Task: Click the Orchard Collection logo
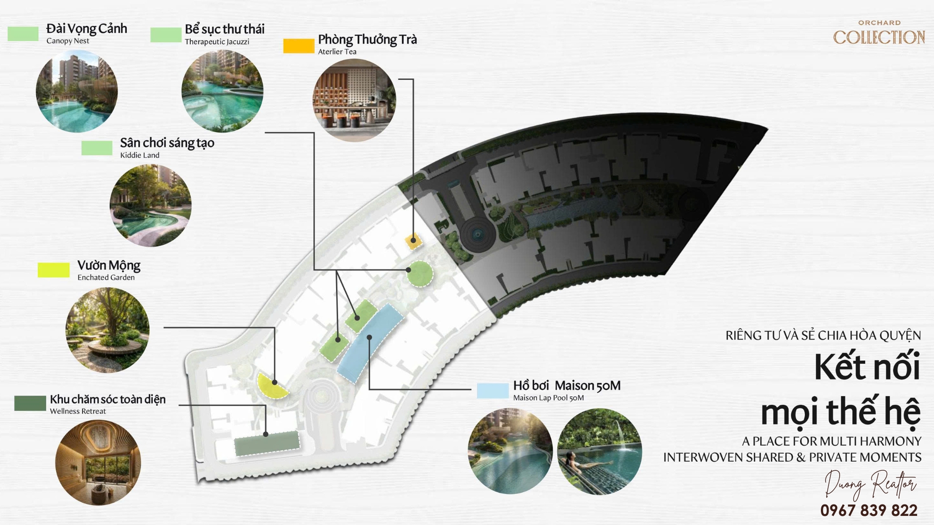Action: click(879, 33)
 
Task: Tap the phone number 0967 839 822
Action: click(869, 510)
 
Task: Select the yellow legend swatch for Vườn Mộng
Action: click(53, 270)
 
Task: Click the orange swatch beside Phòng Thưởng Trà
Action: click(299, 46)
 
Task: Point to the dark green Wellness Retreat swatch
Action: click(30, 403)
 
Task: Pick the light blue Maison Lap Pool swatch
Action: click(493, 391)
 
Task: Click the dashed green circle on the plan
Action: click(420, 274)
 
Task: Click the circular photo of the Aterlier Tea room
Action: click(354, 100)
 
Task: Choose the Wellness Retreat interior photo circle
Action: click(98, 463)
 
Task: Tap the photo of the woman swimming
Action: click(600, 451)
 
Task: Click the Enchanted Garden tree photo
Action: click(108, 330)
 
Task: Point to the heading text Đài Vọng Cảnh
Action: click(87, 29)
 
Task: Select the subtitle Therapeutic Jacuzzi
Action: click(217, 41)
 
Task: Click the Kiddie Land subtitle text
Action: click(140, 155)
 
